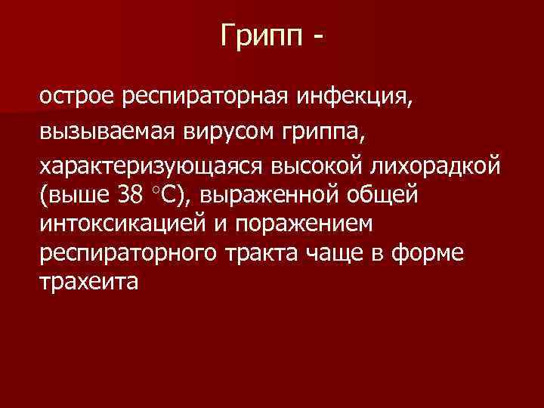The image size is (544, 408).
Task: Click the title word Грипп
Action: click(258, 36)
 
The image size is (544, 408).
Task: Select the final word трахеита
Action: click(88, 283)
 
